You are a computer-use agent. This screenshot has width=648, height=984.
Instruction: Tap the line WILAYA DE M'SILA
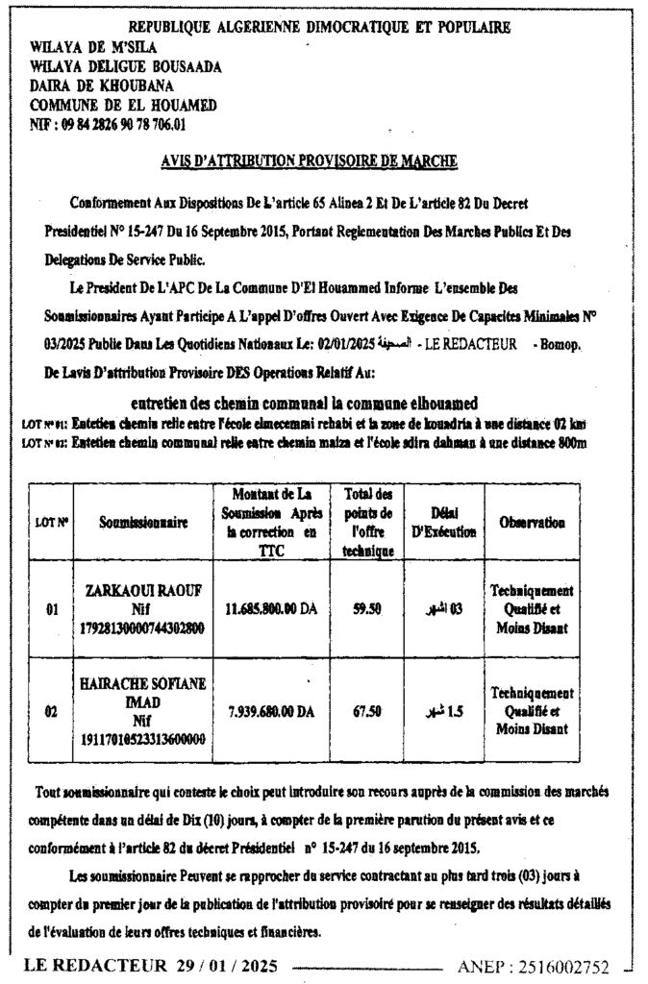tap(94, 46)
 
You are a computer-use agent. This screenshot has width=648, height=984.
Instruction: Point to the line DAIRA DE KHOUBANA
tap(108, 86)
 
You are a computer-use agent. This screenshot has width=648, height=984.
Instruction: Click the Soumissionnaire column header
tap(143, 522)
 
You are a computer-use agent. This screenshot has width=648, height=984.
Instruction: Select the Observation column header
tap(531, 522)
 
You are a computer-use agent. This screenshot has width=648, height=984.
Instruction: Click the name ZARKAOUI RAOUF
tap(143, 590)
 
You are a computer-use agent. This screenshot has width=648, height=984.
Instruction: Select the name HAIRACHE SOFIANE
tap(143, 684)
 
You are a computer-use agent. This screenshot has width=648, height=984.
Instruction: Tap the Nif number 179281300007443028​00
tap(143, 627)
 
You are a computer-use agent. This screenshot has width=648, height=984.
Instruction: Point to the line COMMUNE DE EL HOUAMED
tap(123, 105)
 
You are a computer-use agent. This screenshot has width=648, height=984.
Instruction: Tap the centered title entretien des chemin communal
tap(304, 403)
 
